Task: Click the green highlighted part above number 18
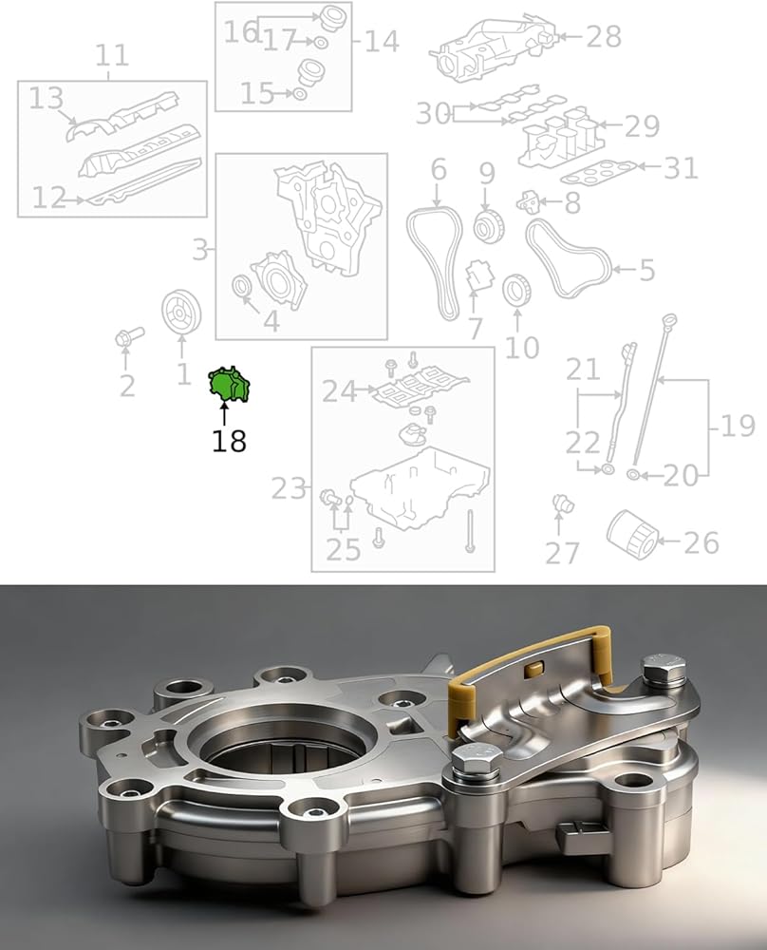click(229, 384)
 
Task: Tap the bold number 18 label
click(229, 441)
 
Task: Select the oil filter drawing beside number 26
click(632, 534)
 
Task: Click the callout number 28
click(603, 37)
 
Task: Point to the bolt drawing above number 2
click(128, 336)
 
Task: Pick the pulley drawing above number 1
click(181, 312)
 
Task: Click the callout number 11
click(112, 56)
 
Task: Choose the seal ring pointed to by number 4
click(242, 287)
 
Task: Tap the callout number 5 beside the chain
click(647, 270)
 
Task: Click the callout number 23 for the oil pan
click(288, 488)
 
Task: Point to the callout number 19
click(737, 426)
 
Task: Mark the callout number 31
click(681, 168)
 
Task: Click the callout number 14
click(382, 41)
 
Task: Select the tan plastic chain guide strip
click(532, 668)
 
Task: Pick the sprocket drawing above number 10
click(517, 291)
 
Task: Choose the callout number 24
click(340, 392)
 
